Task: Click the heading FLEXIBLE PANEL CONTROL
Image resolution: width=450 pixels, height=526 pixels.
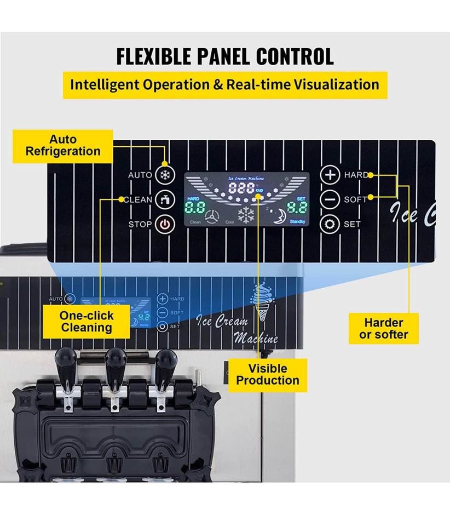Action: [x=224, y=56]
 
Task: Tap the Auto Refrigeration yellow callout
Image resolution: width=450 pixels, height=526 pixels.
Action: [x=63, y=146]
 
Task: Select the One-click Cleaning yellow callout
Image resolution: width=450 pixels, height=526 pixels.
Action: [x=87, y=322]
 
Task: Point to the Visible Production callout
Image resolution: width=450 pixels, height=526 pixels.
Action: [x=268, y=374]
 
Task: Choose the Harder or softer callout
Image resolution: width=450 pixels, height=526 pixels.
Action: [x=384, y=328]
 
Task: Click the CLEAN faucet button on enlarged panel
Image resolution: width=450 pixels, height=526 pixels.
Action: [x=164, y=199]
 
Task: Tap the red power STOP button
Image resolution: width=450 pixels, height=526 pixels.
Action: [x=164, y=224]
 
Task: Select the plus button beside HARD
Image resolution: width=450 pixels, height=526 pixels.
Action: [x=330, y=175]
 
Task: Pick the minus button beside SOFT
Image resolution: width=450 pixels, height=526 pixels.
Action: [x=330, y=199]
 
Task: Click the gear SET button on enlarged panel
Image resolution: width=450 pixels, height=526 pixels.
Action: [x=330, y=224]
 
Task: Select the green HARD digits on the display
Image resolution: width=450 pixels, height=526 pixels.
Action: [x=195, y=208]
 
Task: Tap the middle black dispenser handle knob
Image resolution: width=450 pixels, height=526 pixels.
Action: [x=115, y=358]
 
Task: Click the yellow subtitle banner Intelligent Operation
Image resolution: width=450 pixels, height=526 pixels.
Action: [x=224, y=85]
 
